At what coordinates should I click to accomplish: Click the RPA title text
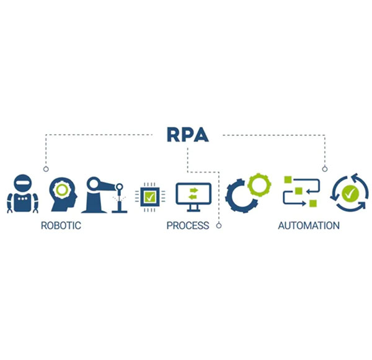coord(187,133)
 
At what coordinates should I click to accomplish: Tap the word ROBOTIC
coord(61,226)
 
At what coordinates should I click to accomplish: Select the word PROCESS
coord(187,226)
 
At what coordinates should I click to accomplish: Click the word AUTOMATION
coord(308,226)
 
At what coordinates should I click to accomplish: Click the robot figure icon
coord(22,194)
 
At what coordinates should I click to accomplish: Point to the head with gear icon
coord(62,194)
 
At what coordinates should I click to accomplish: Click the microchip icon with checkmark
coord(149,197)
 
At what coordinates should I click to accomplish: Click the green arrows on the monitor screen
coord(193,193)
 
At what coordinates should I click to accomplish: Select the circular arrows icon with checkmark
coord(350,194)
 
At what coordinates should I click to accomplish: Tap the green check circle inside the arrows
coord(350,194)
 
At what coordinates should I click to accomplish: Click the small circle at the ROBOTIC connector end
coord(45,169)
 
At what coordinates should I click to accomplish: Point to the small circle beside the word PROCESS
coord(219,226)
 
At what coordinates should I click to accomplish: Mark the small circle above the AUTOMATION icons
coord(324,169)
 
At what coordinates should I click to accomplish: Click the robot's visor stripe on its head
coord(22,183)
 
